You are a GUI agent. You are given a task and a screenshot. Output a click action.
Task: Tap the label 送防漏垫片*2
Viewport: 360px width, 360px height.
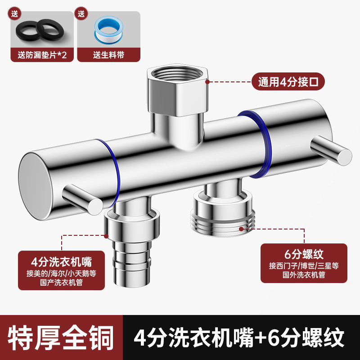click(42, 55)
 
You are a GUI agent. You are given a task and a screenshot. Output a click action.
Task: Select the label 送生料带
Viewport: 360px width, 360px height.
click(108, 55)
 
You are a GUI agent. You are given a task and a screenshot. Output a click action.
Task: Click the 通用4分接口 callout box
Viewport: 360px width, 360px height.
click(288, 82)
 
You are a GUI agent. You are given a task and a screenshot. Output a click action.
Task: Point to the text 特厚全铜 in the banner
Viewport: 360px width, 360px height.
click(60, 337)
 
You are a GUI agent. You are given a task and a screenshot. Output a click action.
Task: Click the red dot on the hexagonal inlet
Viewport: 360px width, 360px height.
click(207, 82)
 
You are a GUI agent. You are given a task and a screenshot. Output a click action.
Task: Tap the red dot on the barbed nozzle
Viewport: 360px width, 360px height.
click(107, 235)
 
